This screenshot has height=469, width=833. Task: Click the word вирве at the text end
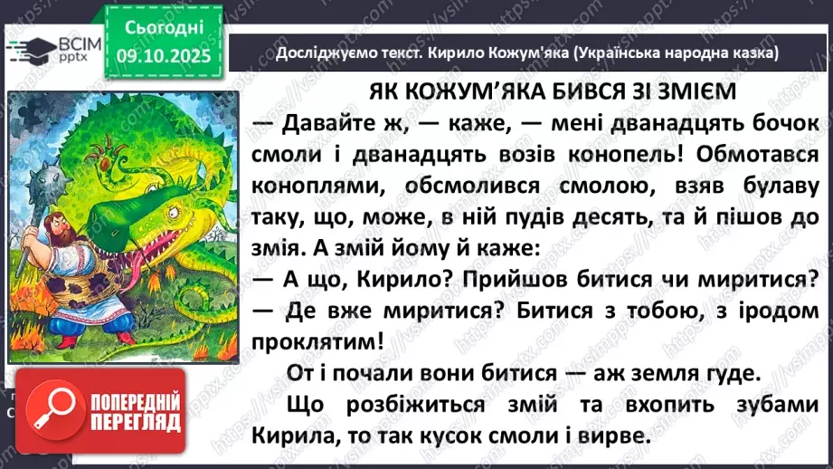point(628,435)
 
